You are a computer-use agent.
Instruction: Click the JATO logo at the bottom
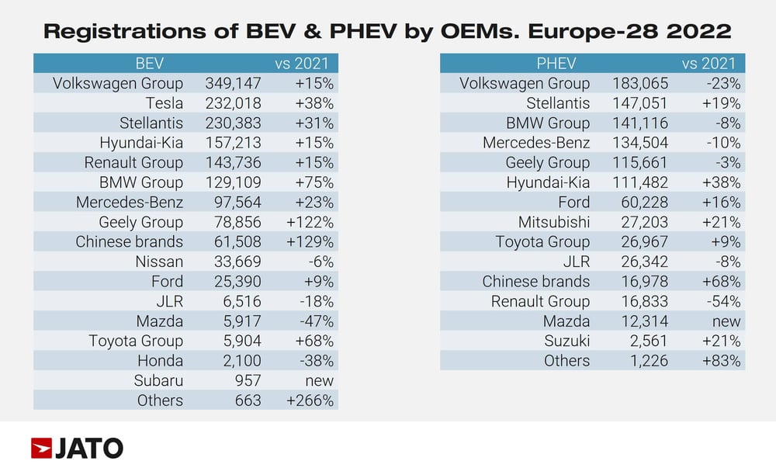pos(77,448)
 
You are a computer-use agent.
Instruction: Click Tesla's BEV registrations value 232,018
pos(233,103)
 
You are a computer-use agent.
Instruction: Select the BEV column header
pos(149,63)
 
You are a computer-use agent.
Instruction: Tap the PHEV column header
pos(556,63)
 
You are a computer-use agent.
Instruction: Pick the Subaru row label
pos(159,380)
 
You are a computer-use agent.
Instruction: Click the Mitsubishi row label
pos(554,222)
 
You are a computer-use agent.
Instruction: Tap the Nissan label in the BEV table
pos(159,262)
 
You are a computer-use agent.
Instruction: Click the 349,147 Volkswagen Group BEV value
pos(233,83)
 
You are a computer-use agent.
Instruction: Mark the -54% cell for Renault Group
pos(719,301)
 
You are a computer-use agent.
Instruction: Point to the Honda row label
pos(161,361)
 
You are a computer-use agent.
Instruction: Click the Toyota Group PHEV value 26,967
pos(643,241)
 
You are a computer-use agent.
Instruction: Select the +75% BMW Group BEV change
pos(314,182)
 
